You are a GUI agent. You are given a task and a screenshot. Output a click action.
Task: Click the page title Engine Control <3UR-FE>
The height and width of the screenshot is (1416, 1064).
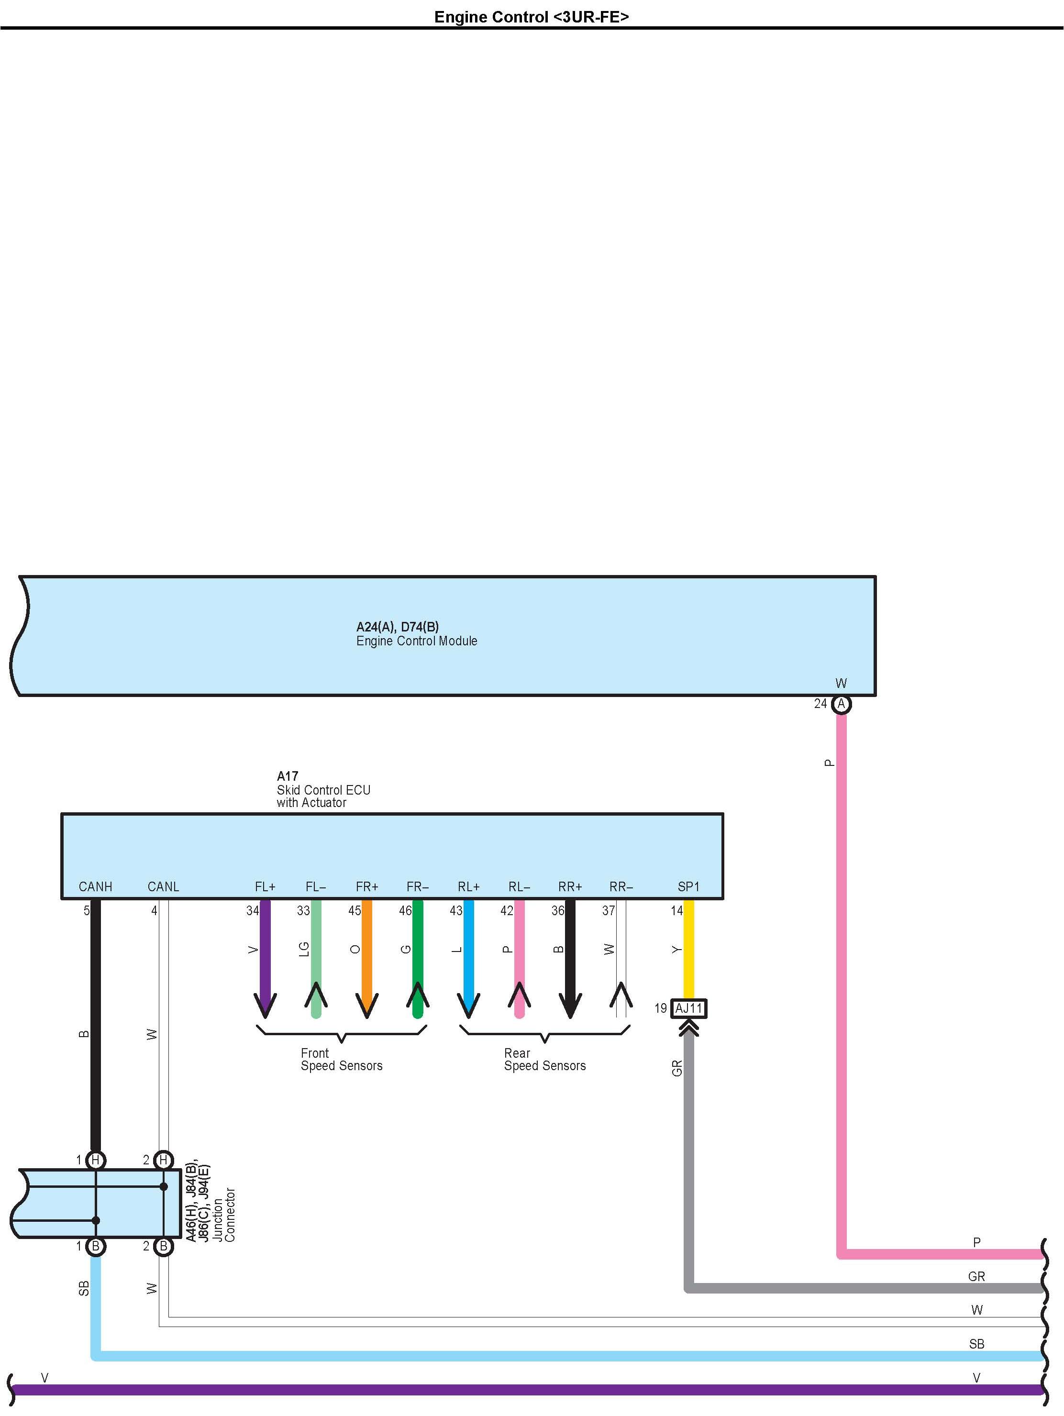[x=532, y=17]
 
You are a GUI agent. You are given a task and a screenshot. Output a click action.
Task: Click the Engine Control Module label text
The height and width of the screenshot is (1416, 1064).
[x=417, y=641]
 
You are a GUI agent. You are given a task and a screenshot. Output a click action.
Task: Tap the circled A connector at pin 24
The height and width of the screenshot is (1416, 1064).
[x=841, y=704]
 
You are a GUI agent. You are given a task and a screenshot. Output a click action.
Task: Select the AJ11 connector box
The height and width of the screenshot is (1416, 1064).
[x=689, y=1008]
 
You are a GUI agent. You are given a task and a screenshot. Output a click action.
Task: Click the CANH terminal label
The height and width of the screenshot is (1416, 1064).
[x=95, y=886]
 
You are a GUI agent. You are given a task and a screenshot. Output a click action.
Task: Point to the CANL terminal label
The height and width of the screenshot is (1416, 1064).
[x=163, y=886]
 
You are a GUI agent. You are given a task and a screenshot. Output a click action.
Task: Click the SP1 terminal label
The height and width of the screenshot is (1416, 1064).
[x=689, y=886]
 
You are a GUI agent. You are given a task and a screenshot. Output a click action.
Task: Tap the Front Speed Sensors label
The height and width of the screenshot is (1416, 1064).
[x=341, y=1060]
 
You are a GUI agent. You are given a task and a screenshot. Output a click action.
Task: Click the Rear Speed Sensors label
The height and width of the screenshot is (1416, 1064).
[x=545, y=1060]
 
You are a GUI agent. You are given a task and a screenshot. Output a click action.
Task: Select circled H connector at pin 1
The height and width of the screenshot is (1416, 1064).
[x=95, y=1160]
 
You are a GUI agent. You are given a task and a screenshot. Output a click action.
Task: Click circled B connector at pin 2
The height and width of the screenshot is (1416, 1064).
[x=164, y=1246]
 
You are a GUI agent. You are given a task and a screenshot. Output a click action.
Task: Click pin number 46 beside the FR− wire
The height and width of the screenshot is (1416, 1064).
[x=405, y=910]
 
